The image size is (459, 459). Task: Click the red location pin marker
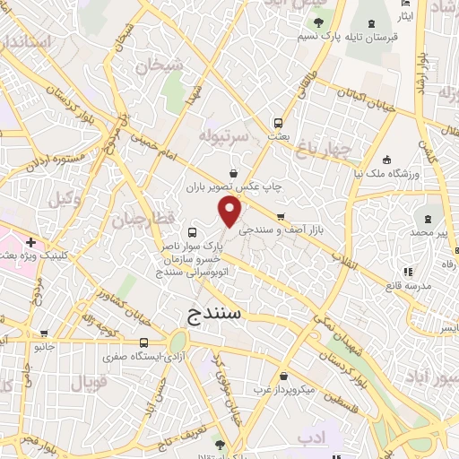[x=230, y=212]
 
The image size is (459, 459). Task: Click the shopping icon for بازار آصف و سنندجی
[x=281, y=217]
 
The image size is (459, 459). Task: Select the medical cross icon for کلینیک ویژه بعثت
[x=31, y=242]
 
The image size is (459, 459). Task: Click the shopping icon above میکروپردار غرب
[x=283, y=377]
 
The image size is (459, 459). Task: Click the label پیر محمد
[x=437, y=233]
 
